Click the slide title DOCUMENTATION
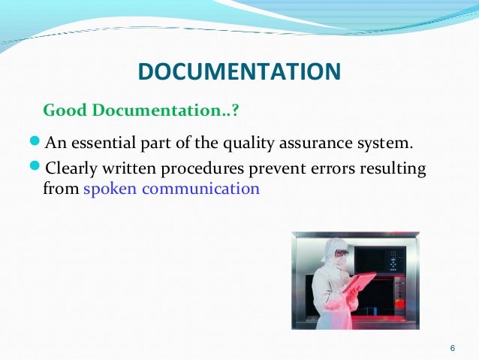coord(239,72)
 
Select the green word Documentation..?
coord(166,110)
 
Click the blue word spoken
coord(110,188)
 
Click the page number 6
coord(451,347)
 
